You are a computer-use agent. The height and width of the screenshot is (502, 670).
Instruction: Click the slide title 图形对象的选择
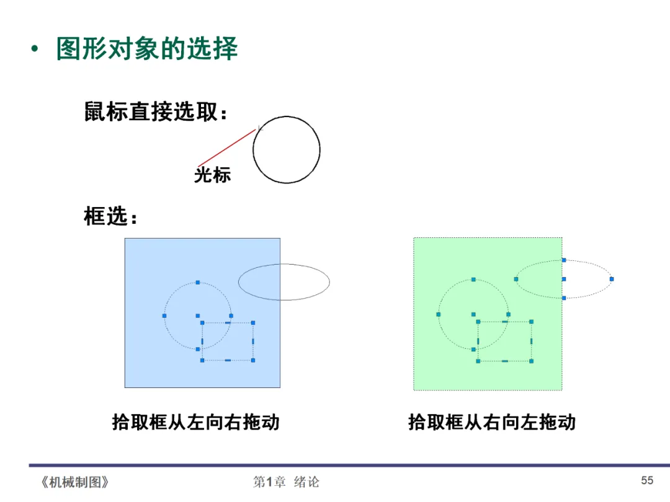(x=147, y=49)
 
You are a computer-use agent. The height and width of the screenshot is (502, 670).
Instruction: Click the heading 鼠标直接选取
(x=156, y=113)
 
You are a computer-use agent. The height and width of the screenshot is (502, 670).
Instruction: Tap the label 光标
(x=212, y=175)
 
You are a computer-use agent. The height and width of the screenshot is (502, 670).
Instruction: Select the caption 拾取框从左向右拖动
(x=195, y=423)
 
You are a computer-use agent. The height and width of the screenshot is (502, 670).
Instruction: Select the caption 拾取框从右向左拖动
(x=491, y=423)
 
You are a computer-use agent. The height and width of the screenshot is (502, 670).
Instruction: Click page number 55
(x=647, y=480)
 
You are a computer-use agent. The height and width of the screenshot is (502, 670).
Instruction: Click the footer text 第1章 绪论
(x=287, y=482)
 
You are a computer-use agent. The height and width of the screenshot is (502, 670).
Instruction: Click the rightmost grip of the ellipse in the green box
(x=611, y=279)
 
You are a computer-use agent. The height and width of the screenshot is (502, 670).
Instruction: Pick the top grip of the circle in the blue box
(x=198, y=283)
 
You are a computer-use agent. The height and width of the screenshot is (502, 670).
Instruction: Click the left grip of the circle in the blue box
(x=164, y=316)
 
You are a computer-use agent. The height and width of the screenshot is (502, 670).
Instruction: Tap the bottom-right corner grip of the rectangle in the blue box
(x=253, y=360)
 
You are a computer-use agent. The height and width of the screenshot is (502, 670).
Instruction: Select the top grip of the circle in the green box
(x=473, y=280)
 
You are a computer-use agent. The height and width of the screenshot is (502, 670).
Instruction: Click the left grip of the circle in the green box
(x=439, y=314)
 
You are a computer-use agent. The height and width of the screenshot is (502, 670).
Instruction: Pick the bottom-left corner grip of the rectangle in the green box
(x=478, y=361)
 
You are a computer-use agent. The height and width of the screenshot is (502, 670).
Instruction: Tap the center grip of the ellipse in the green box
(x=564, y=279)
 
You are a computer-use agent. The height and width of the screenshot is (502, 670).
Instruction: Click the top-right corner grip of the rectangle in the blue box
(x=253, y=323)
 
